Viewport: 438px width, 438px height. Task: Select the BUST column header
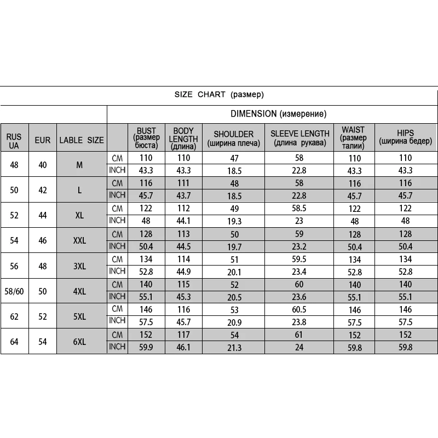pyautogui.click(x=146, y=139)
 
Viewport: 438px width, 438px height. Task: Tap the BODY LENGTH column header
pyautogui.click(x=183, y=139)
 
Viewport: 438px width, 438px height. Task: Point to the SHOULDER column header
pyautogui.click(x=233, y=139)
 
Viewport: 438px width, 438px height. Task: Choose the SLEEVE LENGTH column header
pyautogui.click(x=300, y=139)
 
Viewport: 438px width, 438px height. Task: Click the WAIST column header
pyautogui.click(x=353, y=139)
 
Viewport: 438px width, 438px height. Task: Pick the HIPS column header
pyautogui.click(x=406, y=139)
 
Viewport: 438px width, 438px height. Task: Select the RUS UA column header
pyautogui.click(x=14, y=140)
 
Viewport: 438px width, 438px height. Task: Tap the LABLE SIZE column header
pyautogui.click(x=81, y=140)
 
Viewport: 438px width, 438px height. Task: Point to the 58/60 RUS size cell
pyautogui.click(x=14, y=291)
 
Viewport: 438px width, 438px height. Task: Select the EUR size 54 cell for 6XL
pyautogui.click(x=42, y=342)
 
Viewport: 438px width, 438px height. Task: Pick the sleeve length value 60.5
pyautogui.click(x=300, y=310)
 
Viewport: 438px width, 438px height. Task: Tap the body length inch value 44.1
pyautogui.click(x=183, y=221)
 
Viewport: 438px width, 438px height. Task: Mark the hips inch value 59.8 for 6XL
pyautogui.click(x=406, y=347)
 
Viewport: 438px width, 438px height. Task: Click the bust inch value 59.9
pyautogui.click(x=146, y=347)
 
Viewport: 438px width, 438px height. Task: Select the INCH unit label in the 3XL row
pyautogui.click(x=117, y=272)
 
